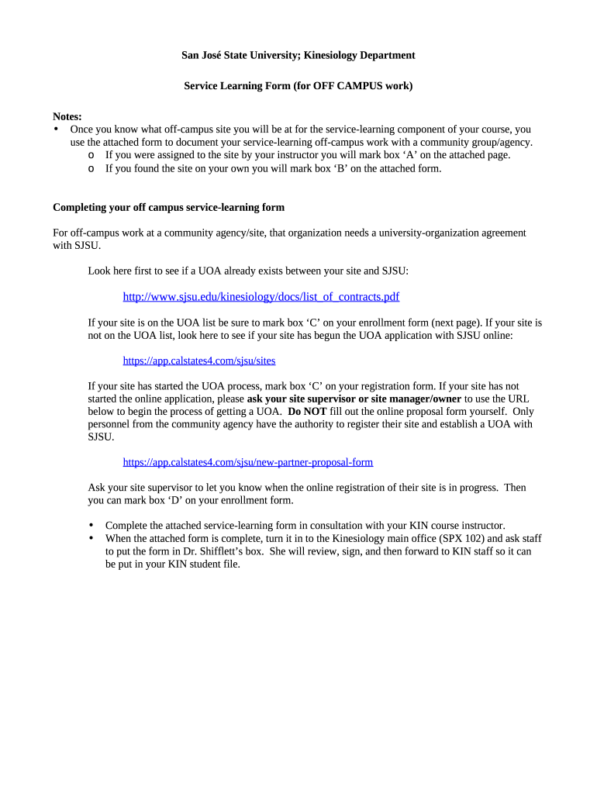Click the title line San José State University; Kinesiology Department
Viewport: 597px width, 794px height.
tap(298, 55)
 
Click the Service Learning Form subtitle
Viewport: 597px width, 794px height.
tap(298, 85)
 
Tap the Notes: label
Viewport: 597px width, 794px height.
tap(67, 116)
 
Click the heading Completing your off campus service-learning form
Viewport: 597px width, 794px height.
tap(168, 207)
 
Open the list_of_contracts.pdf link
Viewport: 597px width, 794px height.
tap(261, 297)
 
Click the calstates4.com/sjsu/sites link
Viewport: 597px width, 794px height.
tap(199, 361)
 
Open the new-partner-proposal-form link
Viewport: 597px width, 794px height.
tap(248, 462)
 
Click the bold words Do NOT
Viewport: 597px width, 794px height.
tap(307, 412)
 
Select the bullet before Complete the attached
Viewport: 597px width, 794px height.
tap(92, 525)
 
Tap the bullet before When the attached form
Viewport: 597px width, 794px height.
tap(92, 538)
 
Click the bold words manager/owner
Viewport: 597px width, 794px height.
tap(426, 399)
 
